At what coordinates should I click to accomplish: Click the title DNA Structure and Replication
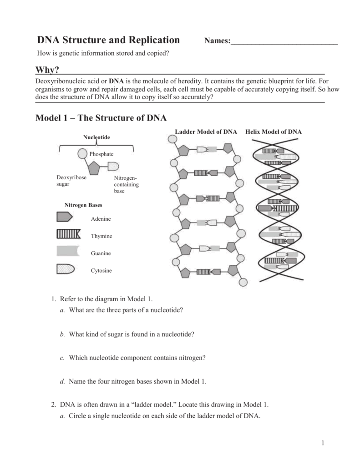108,40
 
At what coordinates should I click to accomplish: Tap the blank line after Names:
284,42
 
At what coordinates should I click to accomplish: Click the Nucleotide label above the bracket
96,137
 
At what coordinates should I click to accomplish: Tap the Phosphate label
101,154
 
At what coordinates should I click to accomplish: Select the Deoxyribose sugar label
71,181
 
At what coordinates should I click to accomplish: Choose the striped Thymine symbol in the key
68,235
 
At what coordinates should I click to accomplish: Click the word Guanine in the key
101,253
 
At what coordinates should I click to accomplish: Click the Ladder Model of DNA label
206,132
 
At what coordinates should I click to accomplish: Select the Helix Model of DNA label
274,132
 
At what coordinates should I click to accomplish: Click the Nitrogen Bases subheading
83,205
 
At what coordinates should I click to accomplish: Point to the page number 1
323,444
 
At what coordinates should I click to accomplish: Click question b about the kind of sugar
131,334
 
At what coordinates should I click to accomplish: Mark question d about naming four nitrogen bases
137,381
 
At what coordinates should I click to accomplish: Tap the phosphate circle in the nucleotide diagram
82,154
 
